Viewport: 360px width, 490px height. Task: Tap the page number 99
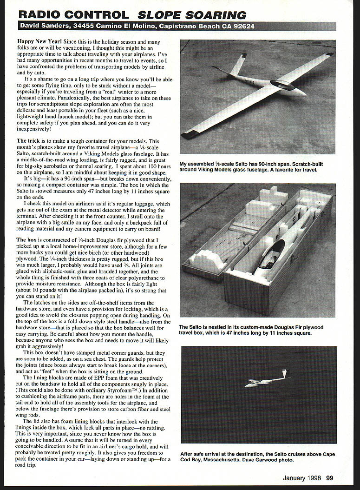pyautogui.click(x=329, y=477)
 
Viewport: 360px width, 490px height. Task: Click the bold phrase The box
pyautogui.click(x=28, y=240)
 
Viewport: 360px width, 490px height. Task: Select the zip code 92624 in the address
pyautogui.click(x=243, y=26)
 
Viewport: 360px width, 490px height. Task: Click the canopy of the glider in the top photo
pyautogui.click(x=282, y=85)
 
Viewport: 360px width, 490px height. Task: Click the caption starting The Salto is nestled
pyautogui.click(x=251, y=330)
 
